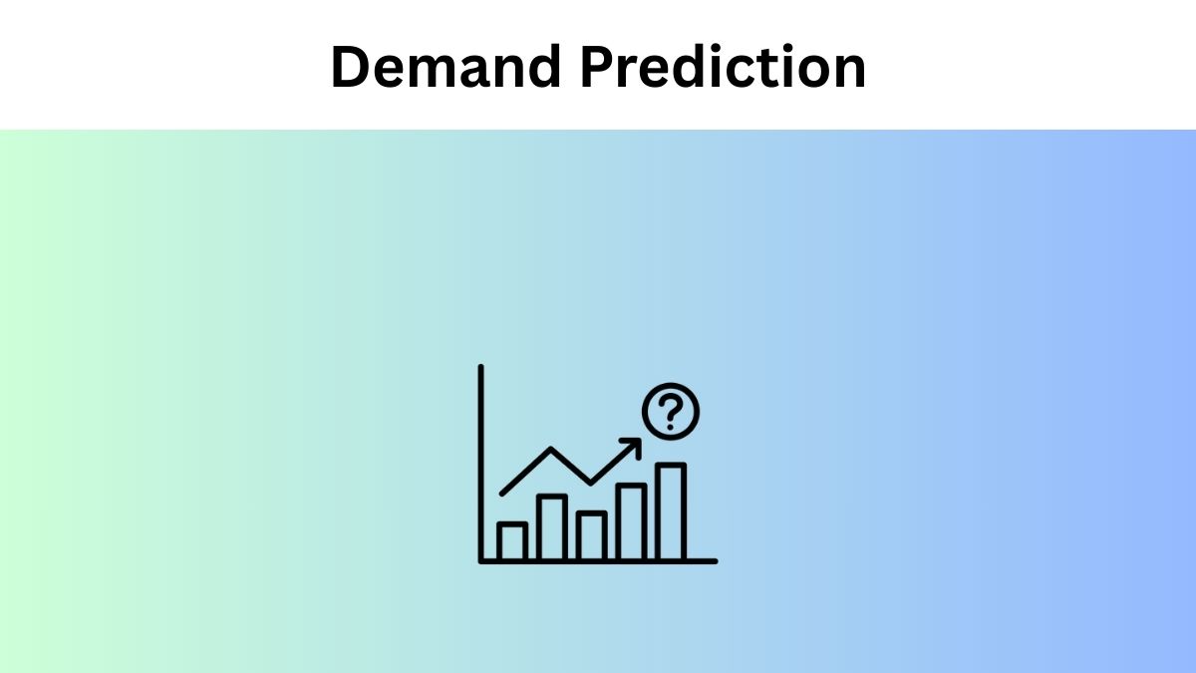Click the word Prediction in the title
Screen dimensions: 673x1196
pos(725,68)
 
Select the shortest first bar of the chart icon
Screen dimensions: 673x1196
pos(512,541)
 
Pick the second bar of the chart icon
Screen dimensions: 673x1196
pos(552,527)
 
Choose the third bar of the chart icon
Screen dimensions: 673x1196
pos(591,535)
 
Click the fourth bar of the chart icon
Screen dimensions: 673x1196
pos(631,521)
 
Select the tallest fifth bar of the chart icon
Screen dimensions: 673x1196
pos(671,511)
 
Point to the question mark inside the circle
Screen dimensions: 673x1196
pos(671,411)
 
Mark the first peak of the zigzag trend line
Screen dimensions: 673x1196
pos(551,450)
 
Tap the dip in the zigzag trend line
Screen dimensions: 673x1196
pos(591,484)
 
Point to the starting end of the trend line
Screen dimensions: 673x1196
pos(502,493)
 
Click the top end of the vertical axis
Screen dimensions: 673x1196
pos(481,368)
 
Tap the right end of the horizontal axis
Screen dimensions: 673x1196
pos(714,561)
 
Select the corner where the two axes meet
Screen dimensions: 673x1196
pos(482,561)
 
